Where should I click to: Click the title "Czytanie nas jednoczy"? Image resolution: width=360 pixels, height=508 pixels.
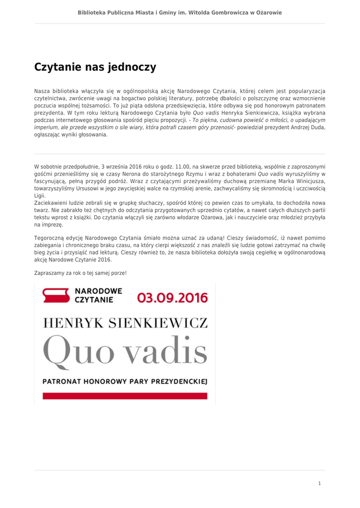[x=95, y=67]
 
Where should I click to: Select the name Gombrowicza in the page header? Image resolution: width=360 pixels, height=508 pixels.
[x=215, y=12]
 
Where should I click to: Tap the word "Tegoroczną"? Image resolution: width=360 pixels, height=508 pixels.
[x=50, y=238]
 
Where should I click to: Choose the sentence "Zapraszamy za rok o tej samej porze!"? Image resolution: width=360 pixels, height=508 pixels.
[x=80, y=273]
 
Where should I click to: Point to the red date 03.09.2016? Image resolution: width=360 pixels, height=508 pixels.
[x=172, y=298]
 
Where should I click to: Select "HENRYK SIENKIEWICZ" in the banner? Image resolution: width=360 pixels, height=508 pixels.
[x=125, y=323]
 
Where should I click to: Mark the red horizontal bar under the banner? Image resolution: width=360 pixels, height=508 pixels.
[x=125, y=396]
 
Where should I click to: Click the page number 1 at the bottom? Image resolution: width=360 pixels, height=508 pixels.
[x=319, y=483]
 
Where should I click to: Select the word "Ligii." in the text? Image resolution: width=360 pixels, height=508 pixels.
[x=40, y=196]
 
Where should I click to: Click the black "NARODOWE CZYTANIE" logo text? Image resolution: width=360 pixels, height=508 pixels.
[x=98, y=296]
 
